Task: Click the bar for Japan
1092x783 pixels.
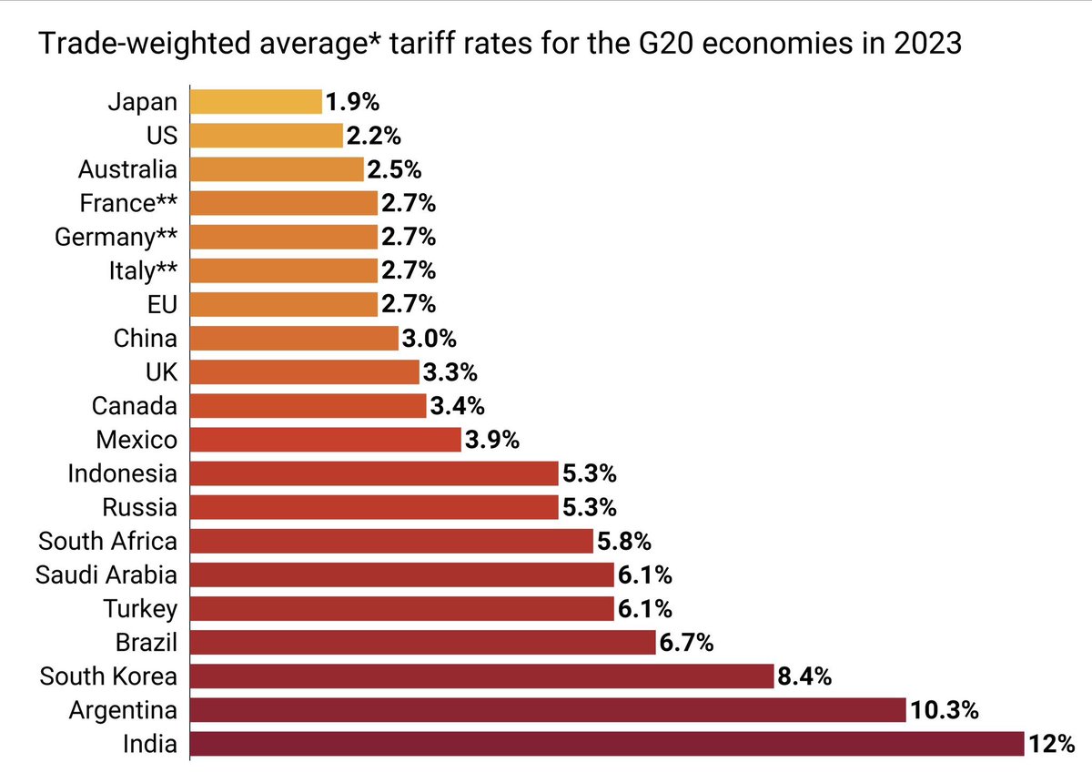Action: pyautogui.click(x=256, y=101)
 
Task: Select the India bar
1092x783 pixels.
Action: pyautogui.click(x=607, y=744)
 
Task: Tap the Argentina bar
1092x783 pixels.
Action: pyautogui.click(x=548, y=710)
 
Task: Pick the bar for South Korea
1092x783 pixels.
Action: pyautogui.click(x=481, y=676)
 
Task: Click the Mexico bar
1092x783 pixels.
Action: pyautogui.click(x=326, y=440)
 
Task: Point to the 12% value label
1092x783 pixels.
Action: pyautogui.click(x=1053, y=744)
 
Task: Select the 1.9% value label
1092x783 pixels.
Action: pyautogui.click(x=352, y=101)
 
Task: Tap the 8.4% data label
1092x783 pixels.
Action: pyautogui.click(x=803, y=676)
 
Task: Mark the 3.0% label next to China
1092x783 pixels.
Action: pyautogui.click(x=428, y=339)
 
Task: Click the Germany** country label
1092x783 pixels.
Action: pyautogui.click(x=116, y=237)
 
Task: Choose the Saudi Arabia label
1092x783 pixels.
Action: pyautogui.click(x=106, y=575)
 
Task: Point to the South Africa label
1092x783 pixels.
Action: pyautogui.click(x=107, y=541)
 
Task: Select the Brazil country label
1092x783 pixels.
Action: pyautogui.click(x=146, y=643)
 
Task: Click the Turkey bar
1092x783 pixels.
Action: pyautogui.click(x=401, y=609)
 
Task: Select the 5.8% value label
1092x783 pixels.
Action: pyautogui.click(x=624, y=541)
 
